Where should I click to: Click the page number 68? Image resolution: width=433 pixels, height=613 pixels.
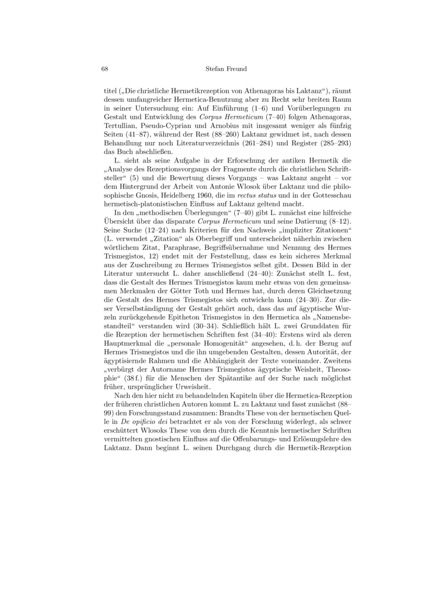pyautogui.click(x=106, y=69)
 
